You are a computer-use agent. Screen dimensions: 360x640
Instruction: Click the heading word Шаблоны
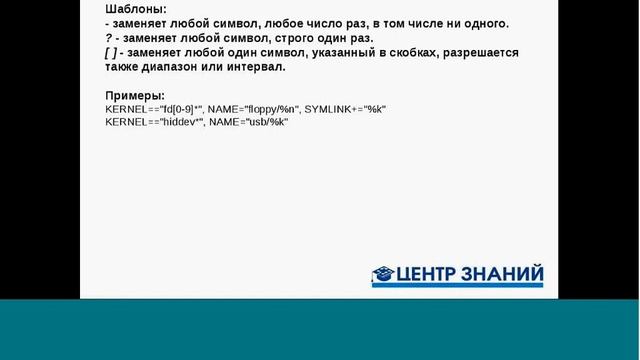point(136,8)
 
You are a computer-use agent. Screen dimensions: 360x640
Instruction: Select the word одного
point(480,23)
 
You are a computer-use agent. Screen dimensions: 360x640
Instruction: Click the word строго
point(271,38)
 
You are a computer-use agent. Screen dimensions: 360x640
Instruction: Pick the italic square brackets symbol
point(110,53)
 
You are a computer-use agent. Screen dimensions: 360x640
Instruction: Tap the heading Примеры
point(134,96)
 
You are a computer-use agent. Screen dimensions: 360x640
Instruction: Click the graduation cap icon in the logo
point(383,274)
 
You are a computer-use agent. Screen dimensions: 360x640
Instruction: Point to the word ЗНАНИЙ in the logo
point(506,274)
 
